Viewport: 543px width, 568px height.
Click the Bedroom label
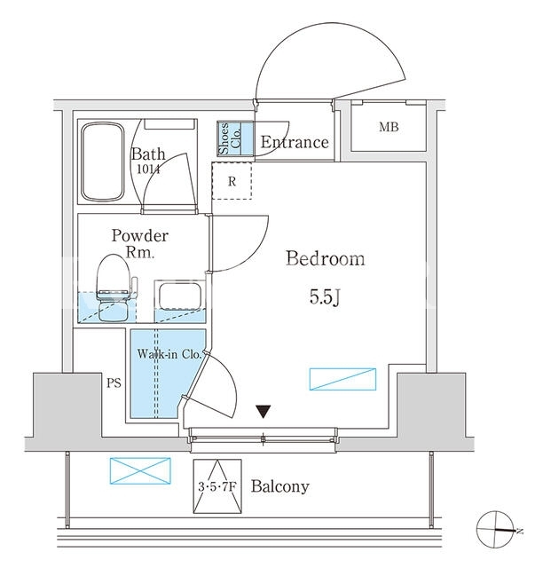coord(325,258)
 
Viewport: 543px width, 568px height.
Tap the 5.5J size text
coord(325,297)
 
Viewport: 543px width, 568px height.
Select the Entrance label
coord(295,142)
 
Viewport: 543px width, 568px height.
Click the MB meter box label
coord(389,127)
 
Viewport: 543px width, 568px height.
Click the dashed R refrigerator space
coord(232,181)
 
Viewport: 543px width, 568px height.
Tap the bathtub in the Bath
coord(103,162)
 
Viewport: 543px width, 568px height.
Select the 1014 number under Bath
coord(148,170)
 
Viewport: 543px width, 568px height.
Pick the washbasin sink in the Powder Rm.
coord(179,296)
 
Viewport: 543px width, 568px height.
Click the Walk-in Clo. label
coord(169,354)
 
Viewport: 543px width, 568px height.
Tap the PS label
coord(114,383)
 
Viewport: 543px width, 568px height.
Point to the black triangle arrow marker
coord(264,412)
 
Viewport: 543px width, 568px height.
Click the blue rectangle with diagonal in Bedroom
coord(342,379)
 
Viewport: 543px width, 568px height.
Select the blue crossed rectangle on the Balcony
coord(140,471)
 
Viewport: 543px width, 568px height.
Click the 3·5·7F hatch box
coord(217,486)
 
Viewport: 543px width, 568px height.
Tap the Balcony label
coord(280,486)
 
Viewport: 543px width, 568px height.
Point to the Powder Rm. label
coord(140,243)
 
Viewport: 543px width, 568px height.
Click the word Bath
coord(148,154)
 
